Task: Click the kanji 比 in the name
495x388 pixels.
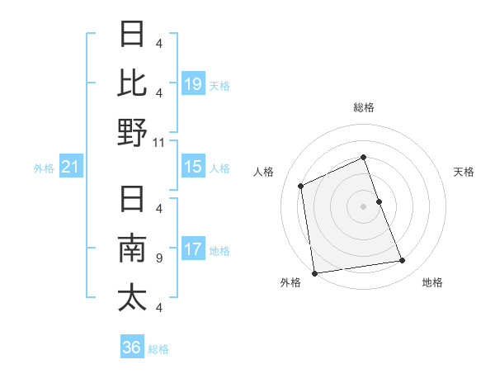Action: click(132, 83)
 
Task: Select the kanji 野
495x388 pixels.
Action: click(132, 132)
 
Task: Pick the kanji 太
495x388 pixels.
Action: click(132, 298)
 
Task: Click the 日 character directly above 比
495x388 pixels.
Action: click(132, 35)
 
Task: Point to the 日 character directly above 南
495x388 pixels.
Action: click(132, 200)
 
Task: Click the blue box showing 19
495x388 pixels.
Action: click(193, 83)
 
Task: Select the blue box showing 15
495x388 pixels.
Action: click(193, 167)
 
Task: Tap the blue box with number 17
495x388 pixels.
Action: click(193, 249)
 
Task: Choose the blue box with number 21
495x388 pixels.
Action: click(71, 168)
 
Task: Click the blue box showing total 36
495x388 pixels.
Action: click(132, 348)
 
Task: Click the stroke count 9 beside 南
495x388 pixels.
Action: click(159, 258)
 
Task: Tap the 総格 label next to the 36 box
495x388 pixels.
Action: click(158, 349)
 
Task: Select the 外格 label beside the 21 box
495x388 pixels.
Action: click(44, 168)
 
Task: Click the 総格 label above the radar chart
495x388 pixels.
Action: click(364, 107)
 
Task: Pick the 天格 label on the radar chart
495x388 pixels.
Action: click(464, 172)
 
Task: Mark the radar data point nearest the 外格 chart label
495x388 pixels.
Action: click(314, 272)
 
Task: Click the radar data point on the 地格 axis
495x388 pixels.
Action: click(403, 261)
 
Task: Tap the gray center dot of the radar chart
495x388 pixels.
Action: click(364, 206)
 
